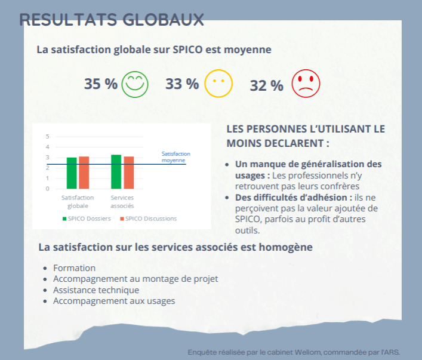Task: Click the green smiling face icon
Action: (x=135, y=84)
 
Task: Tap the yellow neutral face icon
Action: (x=218, y=84)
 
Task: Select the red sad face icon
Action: (x=306, y=84)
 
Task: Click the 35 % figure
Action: (x=101, y=84)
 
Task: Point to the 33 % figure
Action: (x=182, y=84)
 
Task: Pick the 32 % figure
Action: (x=266, y=86)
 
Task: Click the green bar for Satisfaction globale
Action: (x=72, y=173)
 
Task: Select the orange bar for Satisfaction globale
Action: (x=84, y=173)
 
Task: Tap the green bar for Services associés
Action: (x=116, y=171)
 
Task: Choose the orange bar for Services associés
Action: (x=128, y=173)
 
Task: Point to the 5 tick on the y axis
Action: (x=48, y=137)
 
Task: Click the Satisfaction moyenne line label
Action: (x=173, y=157)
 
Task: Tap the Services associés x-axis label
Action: (x=122, y=201)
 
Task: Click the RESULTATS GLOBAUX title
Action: (x=112, y=19)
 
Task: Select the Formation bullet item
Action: (x=74, y=268)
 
